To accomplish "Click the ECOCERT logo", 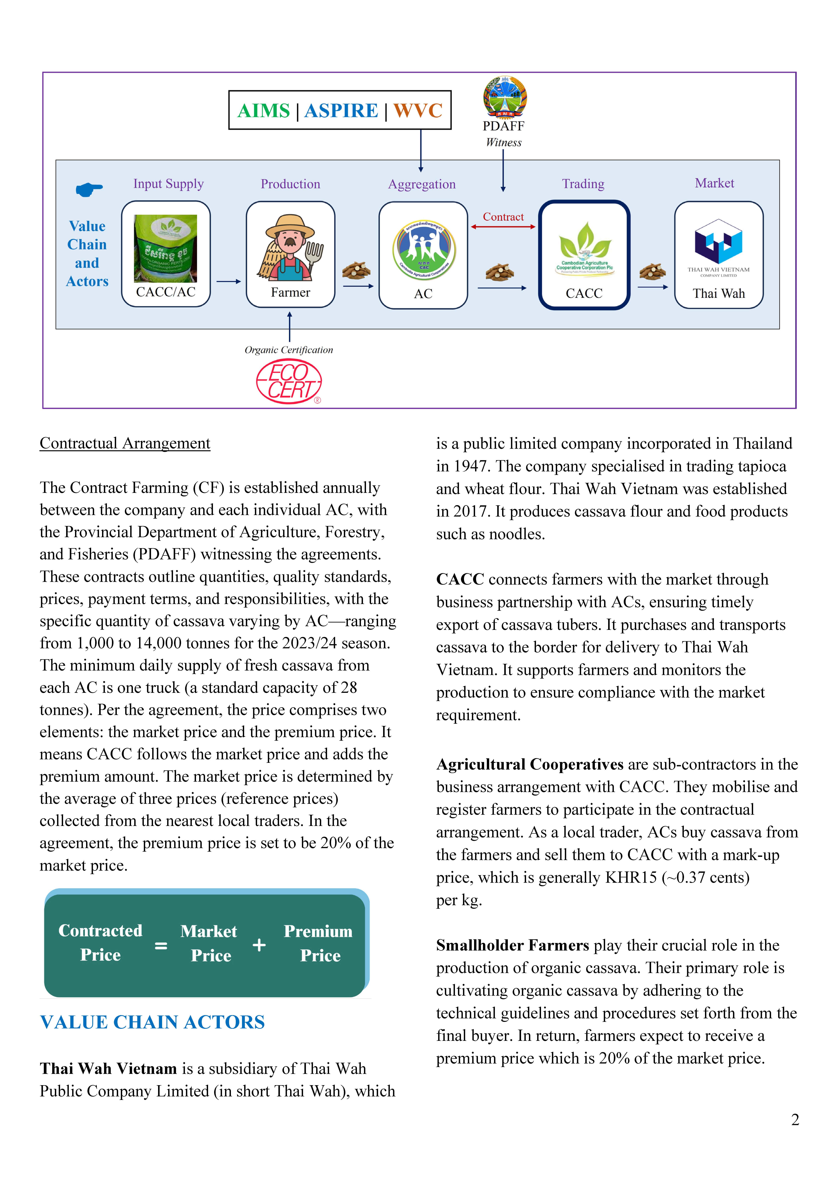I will coord(289,381).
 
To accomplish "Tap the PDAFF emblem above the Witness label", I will coord(504,98).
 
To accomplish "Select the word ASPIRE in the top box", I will coord(341,111).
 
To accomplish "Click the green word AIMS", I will coord(264,111).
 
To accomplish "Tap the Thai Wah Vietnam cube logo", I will coord(718,241).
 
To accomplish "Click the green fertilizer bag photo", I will coord(165,248).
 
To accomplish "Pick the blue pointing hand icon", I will coord(89,190).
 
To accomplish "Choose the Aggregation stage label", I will coord(422,184).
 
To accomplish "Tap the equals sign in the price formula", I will coord(161,945).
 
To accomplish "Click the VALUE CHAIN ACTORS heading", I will coord(152,1022).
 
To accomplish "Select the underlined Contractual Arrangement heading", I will coord(125,443).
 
